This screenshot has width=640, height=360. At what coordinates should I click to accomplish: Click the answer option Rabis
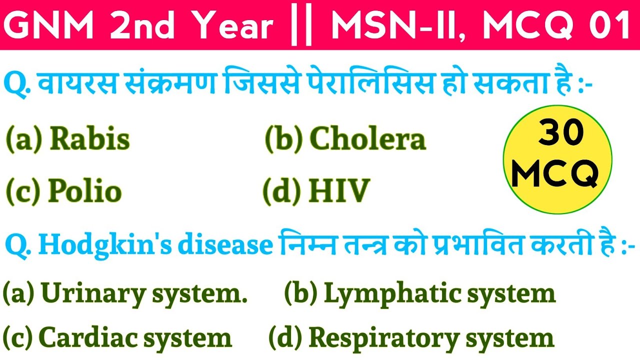[x=90, y=139]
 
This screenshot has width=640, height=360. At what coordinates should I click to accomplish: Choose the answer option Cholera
[x=367, y=139]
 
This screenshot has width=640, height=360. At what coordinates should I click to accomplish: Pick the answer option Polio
[x=85, y=191]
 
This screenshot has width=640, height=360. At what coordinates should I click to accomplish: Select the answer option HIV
[x=339, y=191]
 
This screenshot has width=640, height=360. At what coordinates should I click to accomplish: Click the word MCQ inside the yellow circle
[x=556, y=173]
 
